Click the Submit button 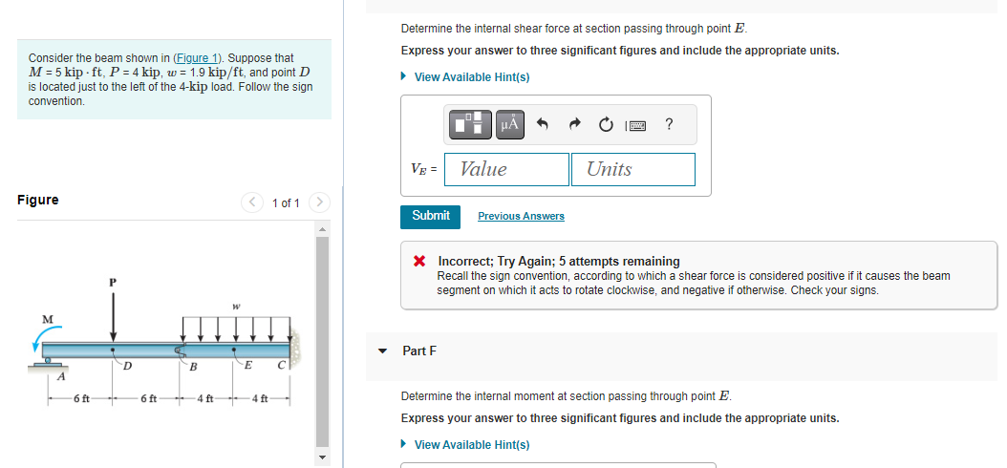(x=430, y=216)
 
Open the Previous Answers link (x=521, y=217)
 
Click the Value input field (x=508, y=169)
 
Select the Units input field (x=633, y=169)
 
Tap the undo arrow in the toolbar (x=543, y=123)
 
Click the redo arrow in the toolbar (x=574, y=123)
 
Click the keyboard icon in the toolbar (x=635, y=124)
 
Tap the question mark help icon (x=668, y=123)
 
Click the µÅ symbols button (x=509, y=123)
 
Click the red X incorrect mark (x=419, y=262)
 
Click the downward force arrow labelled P (x=114, y=315)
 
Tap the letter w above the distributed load (x=235, y=308)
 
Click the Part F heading (x=419, y=351)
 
